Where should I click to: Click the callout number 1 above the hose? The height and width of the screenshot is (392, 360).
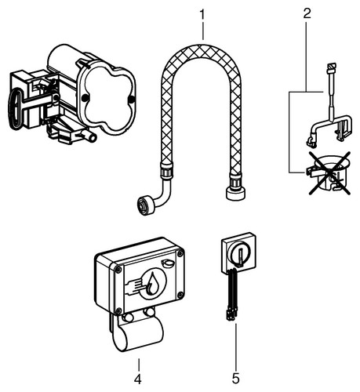pos(202,15)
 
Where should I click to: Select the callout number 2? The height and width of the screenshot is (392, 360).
pos(307,13)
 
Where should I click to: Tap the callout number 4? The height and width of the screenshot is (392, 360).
pos(138,379)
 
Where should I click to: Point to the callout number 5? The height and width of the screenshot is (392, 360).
pos(236,379)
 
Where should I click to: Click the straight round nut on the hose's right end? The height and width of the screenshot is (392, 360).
pos(235,192)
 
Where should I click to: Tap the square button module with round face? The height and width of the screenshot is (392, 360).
pos(238,253)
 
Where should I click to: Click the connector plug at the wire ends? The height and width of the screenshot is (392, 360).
pos(231,315)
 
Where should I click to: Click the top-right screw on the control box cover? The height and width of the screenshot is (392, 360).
pos(180,253)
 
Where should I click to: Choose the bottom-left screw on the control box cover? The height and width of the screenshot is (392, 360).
pos(118,310)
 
